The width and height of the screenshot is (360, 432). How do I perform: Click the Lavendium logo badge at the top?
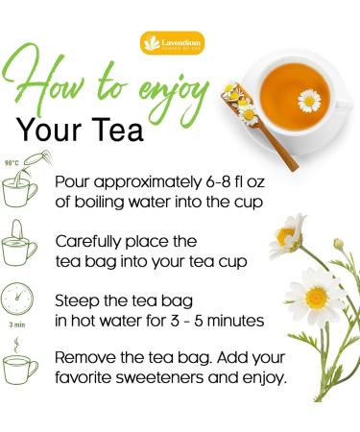[x=172, y=43]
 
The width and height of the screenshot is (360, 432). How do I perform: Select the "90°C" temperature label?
[x=13, y=164]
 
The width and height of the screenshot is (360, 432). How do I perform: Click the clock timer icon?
[x=19, y=297]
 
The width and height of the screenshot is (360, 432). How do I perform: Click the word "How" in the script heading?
[x=48, y=82]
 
